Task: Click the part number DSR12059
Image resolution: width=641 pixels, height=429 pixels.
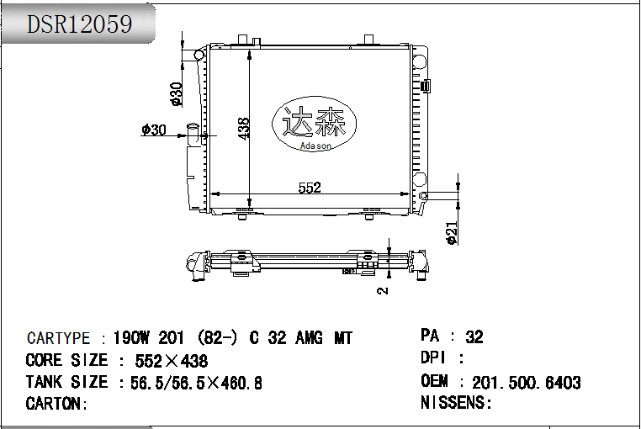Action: click(x=80, y=24)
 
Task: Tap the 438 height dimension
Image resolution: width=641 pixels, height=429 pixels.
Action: click(x=244, y=128)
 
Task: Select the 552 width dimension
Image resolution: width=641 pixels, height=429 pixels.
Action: click(x=310, y=188)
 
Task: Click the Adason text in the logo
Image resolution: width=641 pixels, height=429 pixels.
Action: click(x=316, y=146)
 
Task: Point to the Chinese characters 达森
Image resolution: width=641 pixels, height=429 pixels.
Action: click(x=315, y=124)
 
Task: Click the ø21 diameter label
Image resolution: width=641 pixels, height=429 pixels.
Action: click(x=452, y=232)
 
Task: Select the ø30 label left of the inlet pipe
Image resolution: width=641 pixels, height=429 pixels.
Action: click(x=154, y=130)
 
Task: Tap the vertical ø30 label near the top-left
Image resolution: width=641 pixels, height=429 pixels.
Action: click(x=177, y=94)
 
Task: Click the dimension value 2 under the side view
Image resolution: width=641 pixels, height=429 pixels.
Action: click(x=383, y=290)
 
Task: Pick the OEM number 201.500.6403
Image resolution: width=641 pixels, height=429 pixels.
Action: click(x=527, y=383)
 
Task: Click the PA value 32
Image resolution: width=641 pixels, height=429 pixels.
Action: click(x=474, y=336)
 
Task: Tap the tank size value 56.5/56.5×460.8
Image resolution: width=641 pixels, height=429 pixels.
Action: click(x=196, y=383)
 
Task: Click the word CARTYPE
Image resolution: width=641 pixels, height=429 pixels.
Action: click(x=58, y=338)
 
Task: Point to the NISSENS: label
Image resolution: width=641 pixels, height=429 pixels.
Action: click(x=456, y=403)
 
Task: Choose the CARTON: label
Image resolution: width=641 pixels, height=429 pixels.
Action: click(x=57, y=404)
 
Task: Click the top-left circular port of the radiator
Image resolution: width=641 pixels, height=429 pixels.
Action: click(x=199, y=56)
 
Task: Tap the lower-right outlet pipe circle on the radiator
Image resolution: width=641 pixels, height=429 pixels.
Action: click(x=423, y=196)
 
